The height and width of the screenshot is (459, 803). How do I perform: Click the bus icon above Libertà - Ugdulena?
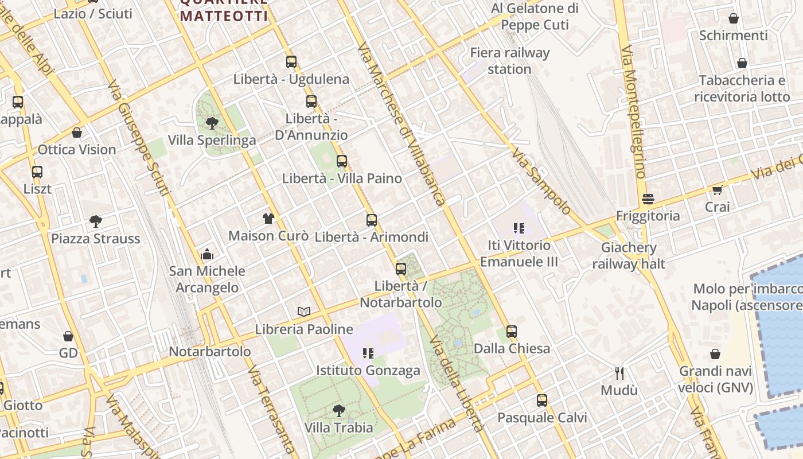pos(291,62)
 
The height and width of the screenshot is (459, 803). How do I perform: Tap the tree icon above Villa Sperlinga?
pos(212,123)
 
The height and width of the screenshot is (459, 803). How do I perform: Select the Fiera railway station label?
pos(510,61)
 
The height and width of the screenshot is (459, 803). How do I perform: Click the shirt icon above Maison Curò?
pos(268,218)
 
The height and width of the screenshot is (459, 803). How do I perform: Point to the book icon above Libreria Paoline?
pos(304,312)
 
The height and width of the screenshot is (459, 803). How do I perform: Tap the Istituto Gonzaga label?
pos(368,371)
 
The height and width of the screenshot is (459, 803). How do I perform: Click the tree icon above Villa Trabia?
pos(339,410)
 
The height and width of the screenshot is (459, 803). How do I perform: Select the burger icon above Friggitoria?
pos(648,199)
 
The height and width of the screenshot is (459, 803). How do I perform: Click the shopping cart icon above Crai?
pos(717,190)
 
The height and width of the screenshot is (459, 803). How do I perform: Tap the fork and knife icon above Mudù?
pos(619,374)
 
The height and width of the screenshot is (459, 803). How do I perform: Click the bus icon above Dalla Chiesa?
pos(512,331)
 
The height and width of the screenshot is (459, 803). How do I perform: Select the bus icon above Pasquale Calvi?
pos(542,400)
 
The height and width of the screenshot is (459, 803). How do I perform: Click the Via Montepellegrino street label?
pos(633,112)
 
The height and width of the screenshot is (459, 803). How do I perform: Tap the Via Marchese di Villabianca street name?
pos(402,123)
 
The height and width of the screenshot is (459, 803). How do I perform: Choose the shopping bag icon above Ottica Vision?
pos(77,133)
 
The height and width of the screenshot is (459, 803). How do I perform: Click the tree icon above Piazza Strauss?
pos(96,221)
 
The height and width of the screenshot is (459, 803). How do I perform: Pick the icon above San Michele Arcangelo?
pos(207,254)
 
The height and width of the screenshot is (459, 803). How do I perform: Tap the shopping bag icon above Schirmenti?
pos(733,18)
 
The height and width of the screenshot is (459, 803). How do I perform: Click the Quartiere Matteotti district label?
pos(224,10)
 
